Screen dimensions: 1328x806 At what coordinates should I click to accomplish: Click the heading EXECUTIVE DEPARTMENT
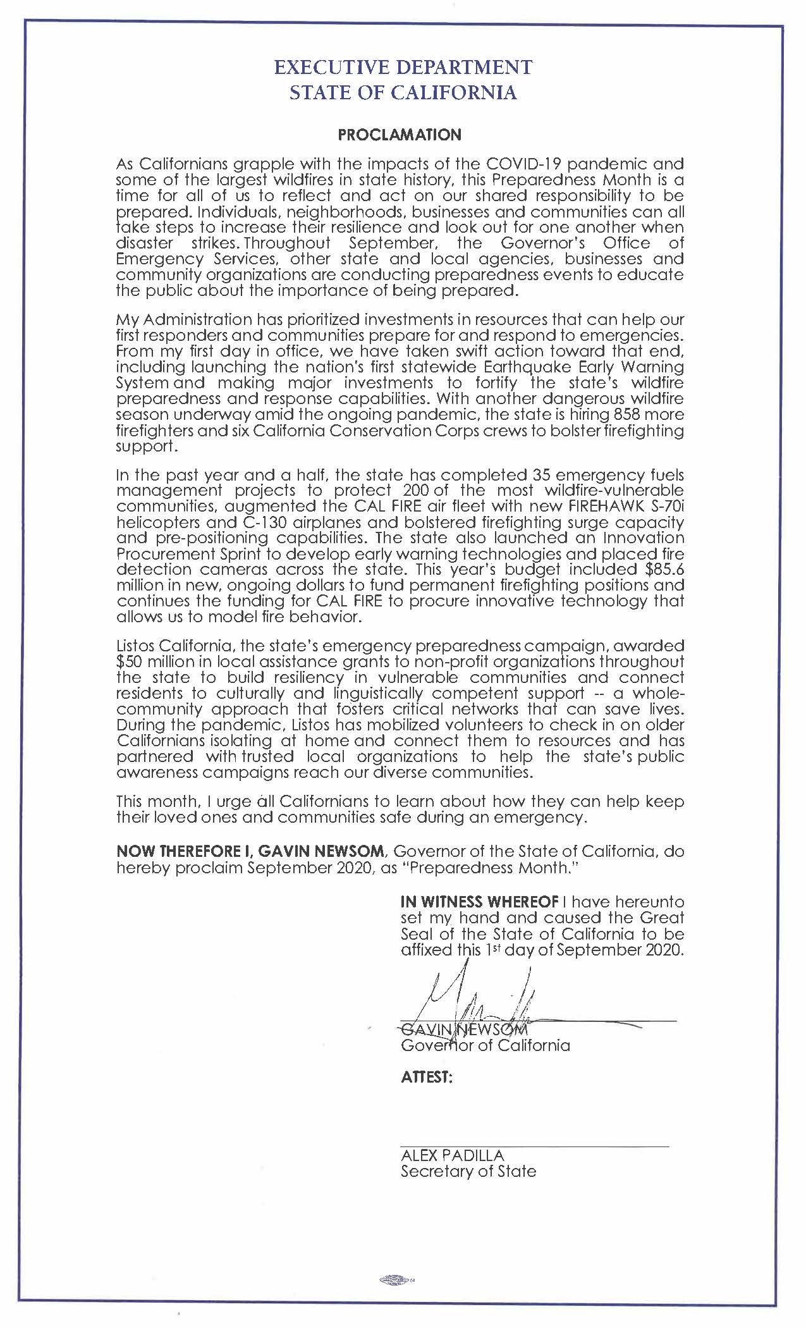point(403,67)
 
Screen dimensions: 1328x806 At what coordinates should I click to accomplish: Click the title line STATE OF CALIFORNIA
point(403,93)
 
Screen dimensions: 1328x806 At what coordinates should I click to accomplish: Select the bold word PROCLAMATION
point(400,135)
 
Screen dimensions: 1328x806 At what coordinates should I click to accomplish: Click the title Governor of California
point(485,1045)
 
